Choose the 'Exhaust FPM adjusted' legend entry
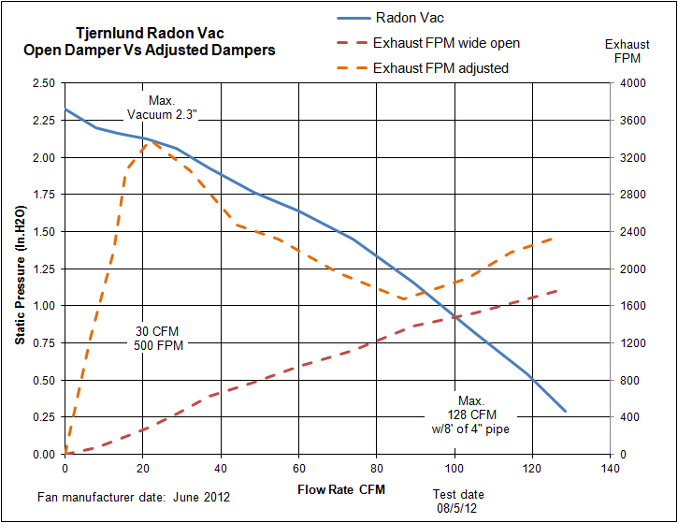coord(440,68)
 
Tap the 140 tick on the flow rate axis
coord(610,468)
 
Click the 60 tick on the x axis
coord(298,468)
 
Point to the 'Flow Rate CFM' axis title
coord(340,489)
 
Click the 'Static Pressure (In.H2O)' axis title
coord(20,269)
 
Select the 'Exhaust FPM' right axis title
coord(628,51)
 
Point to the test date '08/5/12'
coord(458,507)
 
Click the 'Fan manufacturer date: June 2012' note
coord(134,496)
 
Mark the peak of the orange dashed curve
coord(155,141)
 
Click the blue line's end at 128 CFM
coord(565,411)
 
